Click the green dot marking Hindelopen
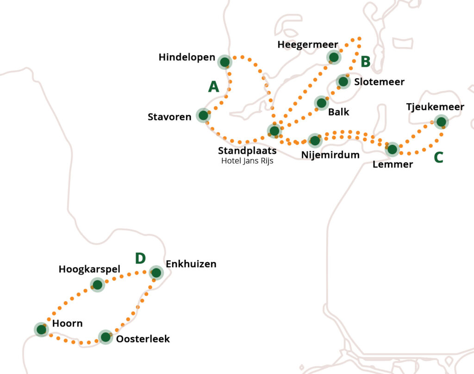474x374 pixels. point(225,62)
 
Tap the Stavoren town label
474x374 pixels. point(169,117)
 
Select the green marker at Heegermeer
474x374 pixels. point(333,57)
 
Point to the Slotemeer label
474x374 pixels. point(379,82)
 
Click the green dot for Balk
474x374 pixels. point(321,102)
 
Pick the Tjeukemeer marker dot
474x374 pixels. point(441,122)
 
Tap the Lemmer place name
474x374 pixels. point(393,164)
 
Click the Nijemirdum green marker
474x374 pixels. point(315,140)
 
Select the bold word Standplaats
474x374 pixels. point(247,151)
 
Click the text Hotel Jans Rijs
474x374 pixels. point(247,161)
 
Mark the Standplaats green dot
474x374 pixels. point(274,131)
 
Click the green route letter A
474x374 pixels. point(213,87)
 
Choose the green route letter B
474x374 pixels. point(365,61)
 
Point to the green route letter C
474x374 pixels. point(438,157)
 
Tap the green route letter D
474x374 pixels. point(140,258)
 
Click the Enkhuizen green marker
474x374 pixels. point(156,273)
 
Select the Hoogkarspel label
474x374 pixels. point(89,269)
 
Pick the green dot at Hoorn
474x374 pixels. point(41,329)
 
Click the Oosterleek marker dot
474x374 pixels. point(106,337)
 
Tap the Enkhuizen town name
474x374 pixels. point(191,264)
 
